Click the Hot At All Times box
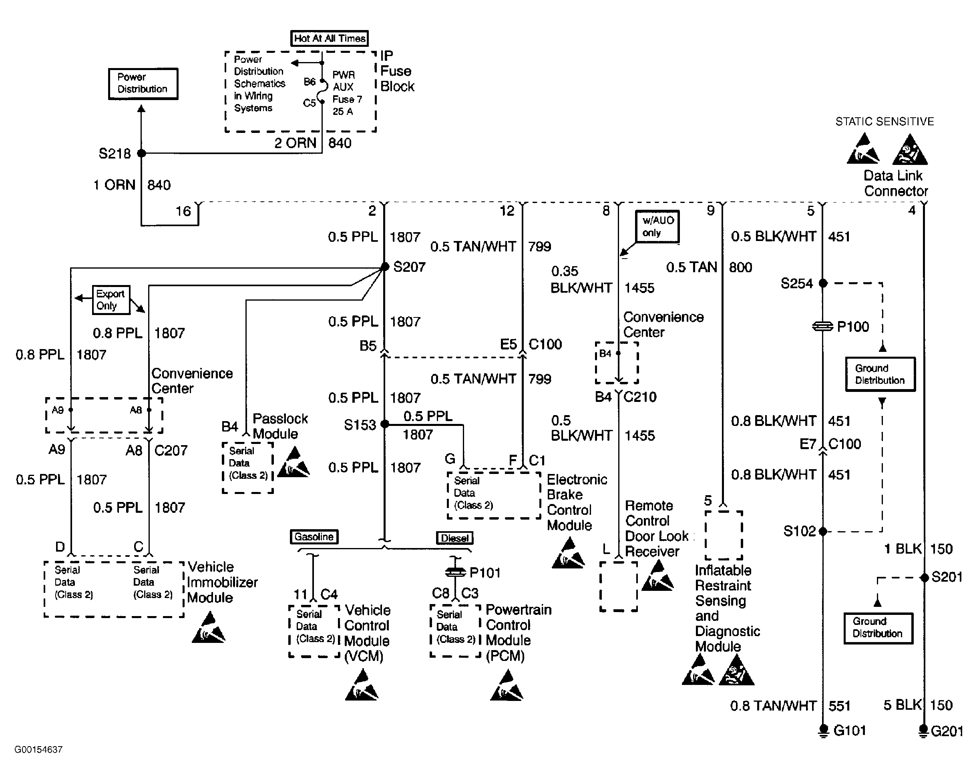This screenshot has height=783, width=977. (x=329, y=38)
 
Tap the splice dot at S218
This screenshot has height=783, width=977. (x=141, y=153)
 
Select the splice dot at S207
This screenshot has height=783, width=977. (x=384, y=267)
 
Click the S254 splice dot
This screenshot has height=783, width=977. (x=823, y=283)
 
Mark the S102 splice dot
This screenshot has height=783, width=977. (x=823, y=531)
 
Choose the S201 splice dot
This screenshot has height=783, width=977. (x=924, y=578)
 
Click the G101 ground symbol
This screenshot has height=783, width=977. (x=823, y=731)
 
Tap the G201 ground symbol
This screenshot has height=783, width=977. (x=923, y=731)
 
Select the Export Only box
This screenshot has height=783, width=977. (x=111, y=299)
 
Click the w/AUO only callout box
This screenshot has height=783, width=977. (x=657, y=227)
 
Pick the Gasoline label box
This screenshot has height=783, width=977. (x=314, y=537)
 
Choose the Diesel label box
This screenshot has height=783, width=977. (x=454, y=538)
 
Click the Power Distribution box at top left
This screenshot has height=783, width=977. (x=143, y=83)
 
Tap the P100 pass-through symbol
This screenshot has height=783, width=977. (x=823, y=326)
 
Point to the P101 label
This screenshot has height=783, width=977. (x=485, y=573)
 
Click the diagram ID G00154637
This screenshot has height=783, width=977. (x=38, y=749)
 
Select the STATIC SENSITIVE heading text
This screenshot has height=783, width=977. (x=885, y=121)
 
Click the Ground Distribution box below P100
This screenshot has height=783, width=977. (x=881, y=374)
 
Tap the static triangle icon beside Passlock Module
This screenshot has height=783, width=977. (x=294, y=462)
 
